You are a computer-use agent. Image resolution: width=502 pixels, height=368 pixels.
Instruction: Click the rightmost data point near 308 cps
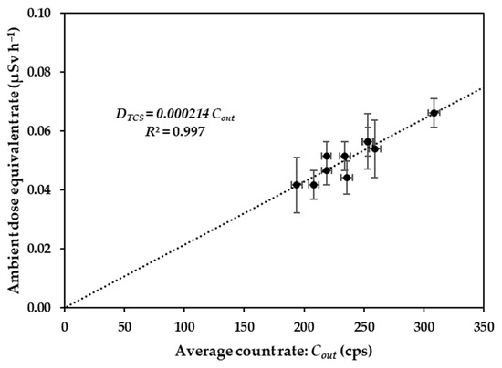(x=434, y=113)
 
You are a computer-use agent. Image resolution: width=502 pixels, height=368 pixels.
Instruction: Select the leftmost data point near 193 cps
(x=296, y=185)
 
